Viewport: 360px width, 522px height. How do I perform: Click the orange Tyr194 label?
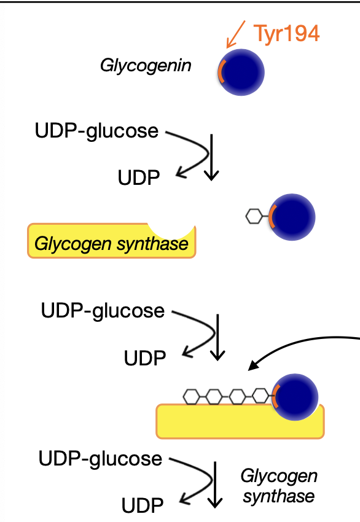[286, 33]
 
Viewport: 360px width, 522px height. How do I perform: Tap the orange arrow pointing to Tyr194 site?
[236, 34]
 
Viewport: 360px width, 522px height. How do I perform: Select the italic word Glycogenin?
[146, 66]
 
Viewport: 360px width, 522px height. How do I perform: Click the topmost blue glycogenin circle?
[241, 72]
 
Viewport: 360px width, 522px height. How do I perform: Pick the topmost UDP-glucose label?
[96, 131]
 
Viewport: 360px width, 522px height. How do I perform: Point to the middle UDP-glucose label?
[103, 311]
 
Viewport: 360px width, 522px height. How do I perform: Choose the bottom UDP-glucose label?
[100, 459]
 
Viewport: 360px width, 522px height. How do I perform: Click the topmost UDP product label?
[139, 177]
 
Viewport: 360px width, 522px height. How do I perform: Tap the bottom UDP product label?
[143, 505]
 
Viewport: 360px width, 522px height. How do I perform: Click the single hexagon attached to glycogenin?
[254, 216]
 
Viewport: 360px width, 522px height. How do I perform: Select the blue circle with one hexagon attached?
[292, 217]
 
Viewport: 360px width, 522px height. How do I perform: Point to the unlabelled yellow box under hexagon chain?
[240, 421]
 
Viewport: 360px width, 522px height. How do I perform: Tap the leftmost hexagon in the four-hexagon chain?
[192, 397]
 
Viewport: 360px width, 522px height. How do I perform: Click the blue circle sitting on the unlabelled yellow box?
[295, 397]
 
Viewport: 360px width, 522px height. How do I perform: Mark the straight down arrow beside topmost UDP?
[211, 157]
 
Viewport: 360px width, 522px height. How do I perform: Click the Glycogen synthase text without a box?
[279, 486]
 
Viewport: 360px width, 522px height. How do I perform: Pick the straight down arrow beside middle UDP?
[218, 337]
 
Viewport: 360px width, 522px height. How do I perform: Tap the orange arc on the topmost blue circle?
[221, 72]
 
